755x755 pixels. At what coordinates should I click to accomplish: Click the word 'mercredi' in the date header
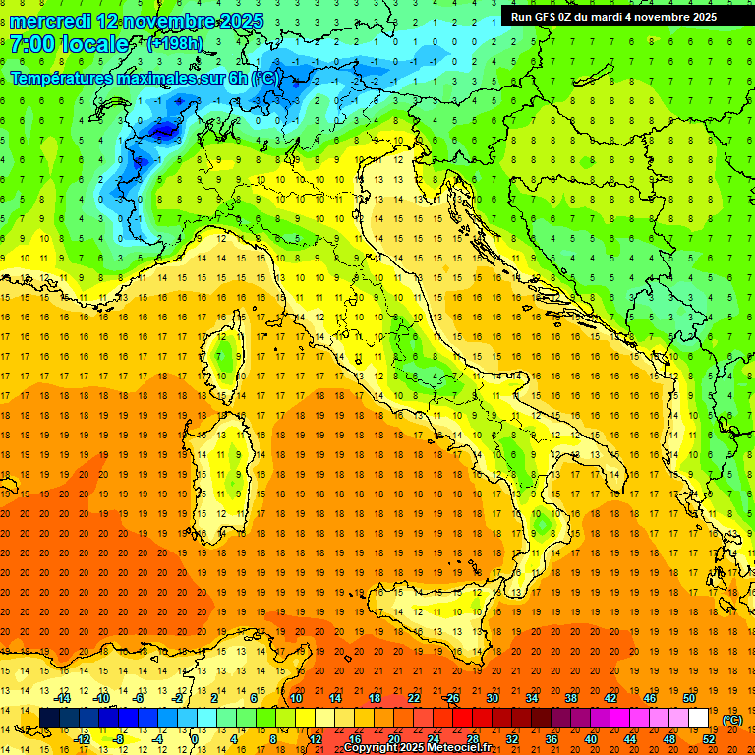pos(50,20)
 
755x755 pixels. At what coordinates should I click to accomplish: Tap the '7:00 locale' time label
pos(69,44)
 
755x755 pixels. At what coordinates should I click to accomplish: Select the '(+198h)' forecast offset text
pos(175,43)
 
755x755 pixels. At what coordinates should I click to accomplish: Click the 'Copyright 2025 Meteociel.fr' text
pos(424,748)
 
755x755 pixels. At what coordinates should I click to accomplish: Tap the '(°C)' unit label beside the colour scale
pos(732,720)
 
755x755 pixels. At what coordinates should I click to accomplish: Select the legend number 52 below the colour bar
pos(709,739)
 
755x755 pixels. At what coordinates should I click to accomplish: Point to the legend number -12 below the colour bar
pos(83,739)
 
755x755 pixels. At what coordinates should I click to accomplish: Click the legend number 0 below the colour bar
pos(194,739)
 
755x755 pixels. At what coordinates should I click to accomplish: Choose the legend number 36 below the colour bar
pos(552,739)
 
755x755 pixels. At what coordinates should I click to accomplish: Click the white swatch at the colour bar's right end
pos(699,719)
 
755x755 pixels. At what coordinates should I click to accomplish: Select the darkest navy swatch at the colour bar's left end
pos(49,719)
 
